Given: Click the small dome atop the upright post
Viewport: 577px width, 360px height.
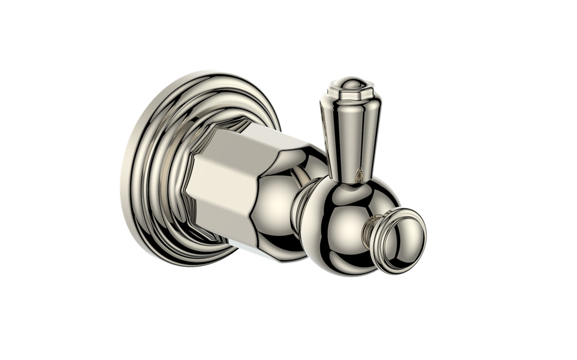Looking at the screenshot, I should click(x=350, y=84).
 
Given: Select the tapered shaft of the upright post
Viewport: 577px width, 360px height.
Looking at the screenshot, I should click(x=350, y=135).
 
